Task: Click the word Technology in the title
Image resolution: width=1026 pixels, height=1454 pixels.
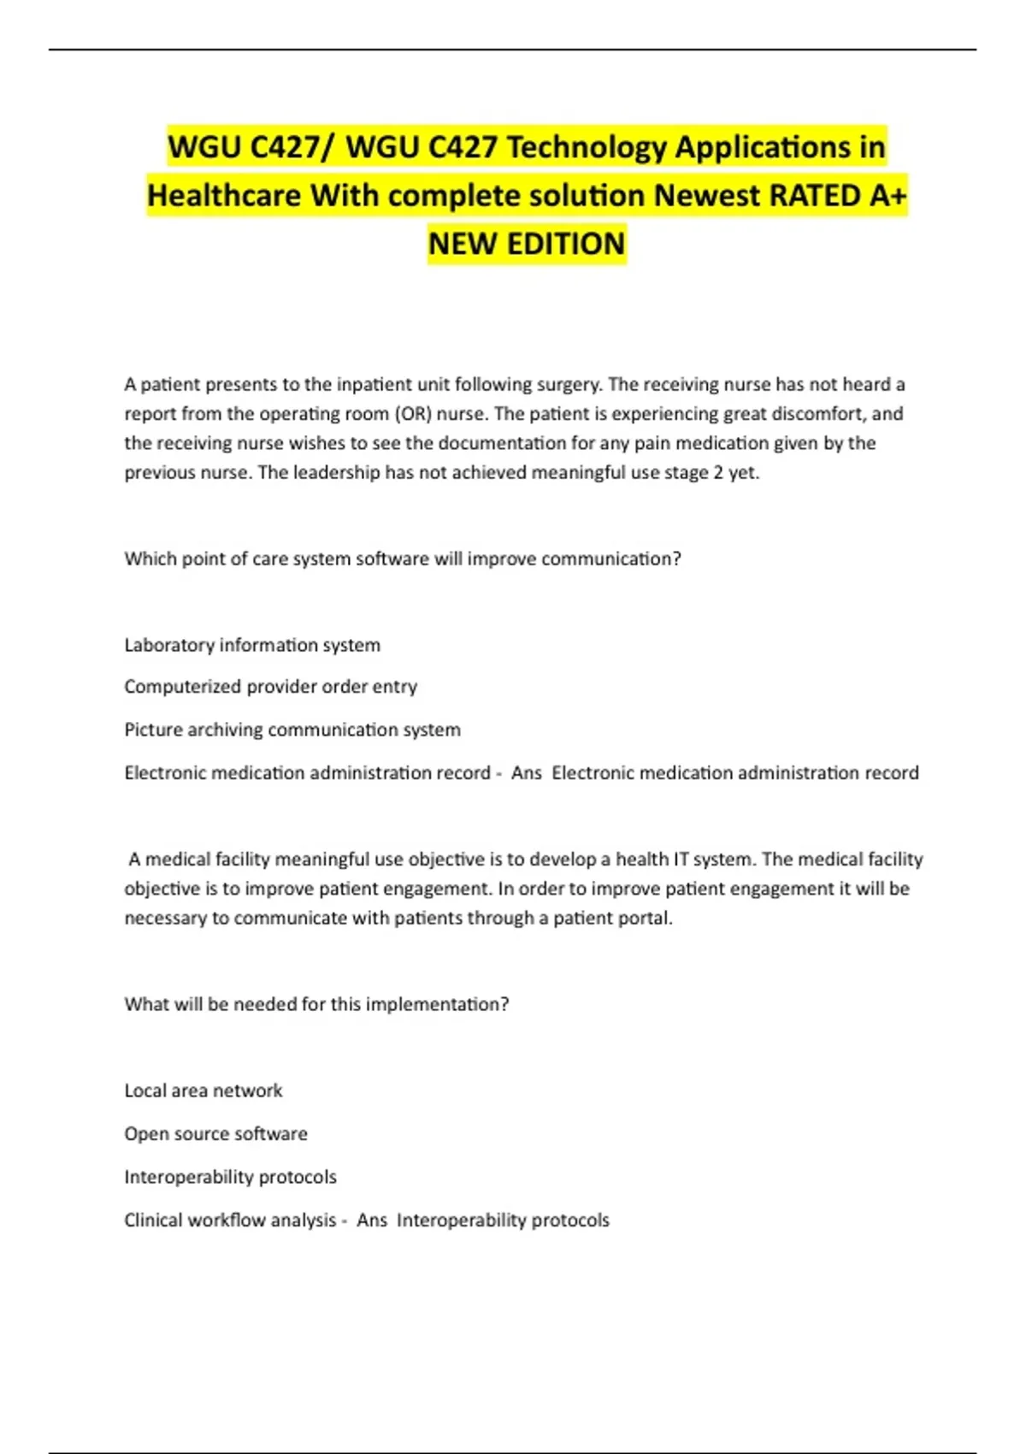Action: (x=586, y=147)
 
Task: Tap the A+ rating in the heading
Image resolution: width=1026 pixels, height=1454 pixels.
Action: (x=887, y=196)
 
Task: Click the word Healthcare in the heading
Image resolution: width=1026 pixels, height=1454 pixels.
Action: (x=224, y=196)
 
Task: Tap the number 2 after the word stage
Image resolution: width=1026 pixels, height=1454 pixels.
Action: (x=718, y=473)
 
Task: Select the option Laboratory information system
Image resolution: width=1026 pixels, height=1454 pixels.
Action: (x=252, y=645)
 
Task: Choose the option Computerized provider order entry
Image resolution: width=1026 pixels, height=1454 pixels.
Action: (x=270, y=687)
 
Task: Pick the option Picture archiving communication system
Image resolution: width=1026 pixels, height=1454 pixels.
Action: (x=292, y=730)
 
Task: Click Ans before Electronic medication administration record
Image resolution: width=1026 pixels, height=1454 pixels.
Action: (x=526, y=773)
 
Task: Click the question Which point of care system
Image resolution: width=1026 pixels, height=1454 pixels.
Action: (x=402, y=559)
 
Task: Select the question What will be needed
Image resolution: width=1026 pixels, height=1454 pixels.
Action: (x=316, y=1004)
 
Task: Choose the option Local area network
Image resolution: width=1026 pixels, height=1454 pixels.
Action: (x=203, y=1090)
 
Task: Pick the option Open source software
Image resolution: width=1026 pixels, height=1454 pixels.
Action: (x=215, y=1134)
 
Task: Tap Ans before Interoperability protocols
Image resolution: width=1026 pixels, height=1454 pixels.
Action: (x=371, y=1221)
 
